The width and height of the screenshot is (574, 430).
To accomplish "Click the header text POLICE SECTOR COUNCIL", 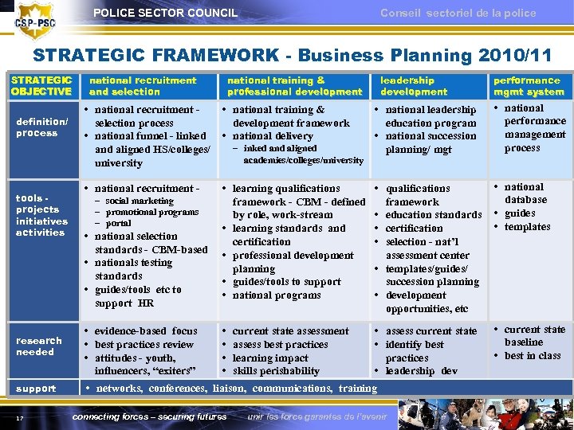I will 165,13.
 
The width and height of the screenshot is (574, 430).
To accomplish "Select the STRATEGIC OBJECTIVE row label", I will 41,86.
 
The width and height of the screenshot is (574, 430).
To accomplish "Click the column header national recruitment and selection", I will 143,86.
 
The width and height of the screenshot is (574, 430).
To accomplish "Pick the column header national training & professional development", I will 294,86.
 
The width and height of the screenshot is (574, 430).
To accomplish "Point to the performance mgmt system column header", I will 529,86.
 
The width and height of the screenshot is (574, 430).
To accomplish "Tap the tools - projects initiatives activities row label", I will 41,215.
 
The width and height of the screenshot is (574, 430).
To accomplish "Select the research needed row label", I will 38,346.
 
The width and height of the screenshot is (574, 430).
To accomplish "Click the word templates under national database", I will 527,227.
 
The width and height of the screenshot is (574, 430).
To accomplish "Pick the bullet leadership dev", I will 422,371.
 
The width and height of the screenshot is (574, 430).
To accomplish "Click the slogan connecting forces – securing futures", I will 149,416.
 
